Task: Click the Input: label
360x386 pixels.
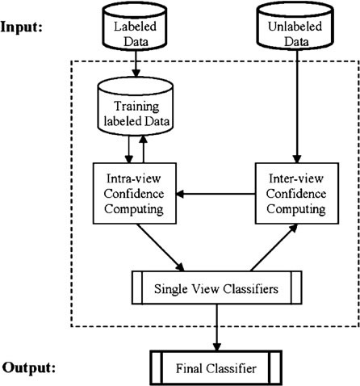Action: pos(21,27)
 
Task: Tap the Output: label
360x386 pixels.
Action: pos(29,367)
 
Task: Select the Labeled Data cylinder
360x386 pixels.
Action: pos(135,27)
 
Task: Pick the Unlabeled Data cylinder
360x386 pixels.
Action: pos(295,27)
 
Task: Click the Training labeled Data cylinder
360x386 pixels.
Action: pos(135,107)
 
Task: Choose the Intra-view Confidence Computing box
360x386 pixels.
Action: pos(135,193)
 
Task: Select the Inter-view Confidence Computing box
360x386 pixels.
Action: pos(297,193)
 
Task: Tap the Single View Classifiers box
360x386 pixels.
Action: pos(216,287)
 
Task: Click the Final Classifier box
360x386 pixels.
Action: pos(216,367)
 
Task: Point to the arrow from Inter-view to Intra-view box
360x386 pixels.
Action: pos(216,194)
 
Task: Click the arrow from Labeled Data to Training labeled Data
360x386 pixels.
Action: pos(136,64)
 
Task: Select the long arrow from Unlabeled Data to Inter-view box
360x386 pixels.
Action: pos(297,107)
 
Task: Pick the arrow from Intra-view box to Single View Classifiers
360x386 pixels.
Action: pos(161,247)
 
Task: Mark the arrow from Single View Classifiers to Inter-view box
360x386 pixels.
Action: pos(274,248)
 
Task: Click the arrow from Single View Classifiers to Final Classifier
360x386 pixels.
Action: pos(217,328)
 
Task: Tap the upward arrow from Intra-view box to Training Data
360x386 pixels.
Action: pos(144,149)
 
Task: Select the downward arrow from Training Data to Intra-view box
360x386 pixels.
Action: pos(129,149)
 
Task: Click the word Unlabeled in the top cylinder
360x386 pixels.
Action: pos(295,27)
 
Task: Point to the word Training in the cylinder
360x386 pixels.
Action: pos(137,107)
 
